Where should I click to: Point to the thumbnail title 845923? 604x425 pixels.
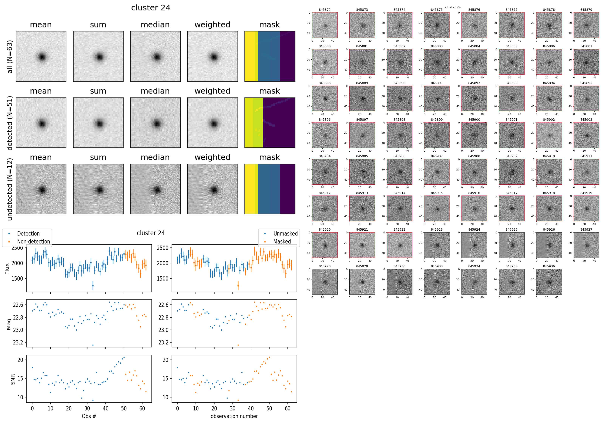[437, 229]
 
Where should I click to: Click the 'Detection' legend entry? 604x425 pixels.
[28, 234]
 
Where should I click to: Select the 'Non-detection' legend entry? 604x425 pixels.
[33, 242]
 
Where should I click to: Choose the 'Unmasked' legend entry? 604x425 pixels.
[285, 234]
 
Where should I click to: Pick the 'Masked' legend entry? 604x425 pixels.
[282, 242]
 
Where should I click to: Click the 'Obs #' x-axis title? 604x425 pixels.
[89, 416]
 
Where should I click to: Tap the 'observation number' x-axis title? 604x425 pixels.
[234, 416]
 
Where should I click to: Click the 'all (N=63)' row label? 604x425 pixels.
[10, 57]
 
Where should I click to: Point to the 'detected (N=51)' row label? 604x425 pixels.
[10, 123]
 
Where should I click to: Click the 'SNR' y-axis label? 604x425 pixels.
[13, 379]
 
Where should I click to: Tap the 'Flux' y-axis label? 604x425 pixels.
[7, 269]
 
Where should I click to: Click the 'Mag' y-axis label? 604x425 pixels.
[9, 324]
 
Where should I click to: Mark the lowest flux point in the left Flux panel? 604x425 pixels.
[93, 285]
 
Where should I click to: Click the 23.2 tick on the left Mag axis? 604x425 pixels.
[18, 342]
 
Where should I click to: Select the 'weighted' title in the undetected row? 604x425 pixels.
[212, 157]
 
